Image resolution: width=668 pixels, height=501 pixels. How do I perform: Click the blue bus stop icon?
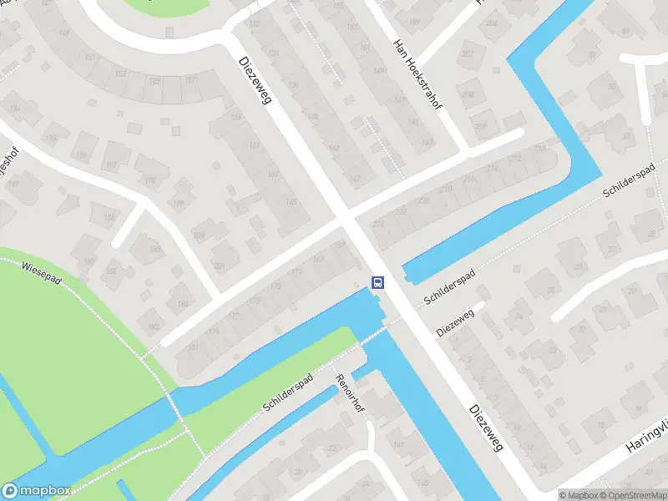coord(378,282)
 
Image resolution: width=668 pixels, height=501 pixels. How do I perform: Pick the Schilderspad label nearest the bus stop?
coord(449,286)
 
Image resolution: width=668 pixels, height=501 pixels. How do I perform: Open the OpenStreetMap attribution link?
coord(633,495)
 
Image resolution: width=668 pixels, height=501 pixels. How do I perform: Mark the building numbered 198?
coord(150,180)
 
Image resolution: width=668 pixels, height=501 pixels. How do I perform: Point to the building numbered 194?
coord(51,139)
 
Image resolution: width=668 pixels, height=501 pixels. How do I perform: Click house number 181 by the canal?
coord(193,347)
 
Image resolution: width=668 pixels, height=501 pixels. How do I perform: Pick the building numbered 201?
coord(219,266)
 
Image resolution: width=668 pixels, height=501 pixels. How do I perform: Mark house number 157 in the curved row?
coord(191,80)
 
